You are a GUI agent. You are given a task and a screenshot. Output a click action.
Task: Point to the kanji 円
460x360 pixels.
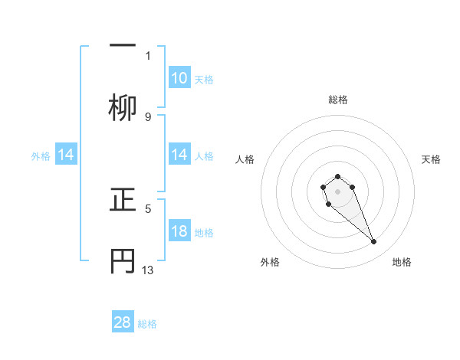123,261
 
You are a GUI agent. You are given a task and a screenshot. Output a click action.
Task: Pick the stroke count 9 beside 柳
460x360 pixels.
148,116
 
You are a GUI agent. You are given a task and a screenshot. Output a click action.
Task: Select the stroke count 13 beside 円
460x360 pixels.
149,270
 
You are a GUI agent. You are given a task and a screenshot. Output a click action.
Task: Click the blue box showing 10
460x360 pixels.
179,77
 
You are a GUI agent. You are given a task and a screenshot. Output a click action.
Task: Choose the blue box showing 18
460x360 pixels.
179,231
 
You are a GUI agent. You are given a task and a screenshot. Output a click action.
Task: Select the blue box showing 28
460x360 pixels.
123,322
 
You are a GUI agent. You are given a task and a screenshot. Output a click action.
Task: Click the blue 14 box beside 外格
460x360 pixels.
66,155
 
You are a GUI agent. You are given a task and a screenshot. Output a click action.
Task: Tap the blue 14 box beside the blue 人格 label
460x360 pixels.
179,155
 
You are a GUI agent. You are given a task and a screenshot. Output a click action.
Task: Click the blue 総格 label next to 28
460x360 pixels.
147,324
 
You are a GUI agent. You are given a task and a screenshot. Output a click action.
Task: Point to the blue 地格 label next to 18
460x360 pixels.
204,232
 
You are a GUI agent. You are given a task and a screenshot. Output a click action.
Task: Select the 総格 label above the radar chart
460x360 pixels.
338,100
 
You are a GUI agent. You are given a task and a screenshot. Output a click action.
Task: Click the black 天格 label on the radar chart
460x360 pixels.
431,159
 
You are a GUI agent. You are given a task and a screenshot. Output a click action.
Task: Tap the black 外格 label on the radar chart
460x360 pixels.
270,262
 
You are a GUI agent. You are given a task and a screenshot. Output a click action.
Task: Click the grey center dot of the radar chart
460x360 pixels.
338,191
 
